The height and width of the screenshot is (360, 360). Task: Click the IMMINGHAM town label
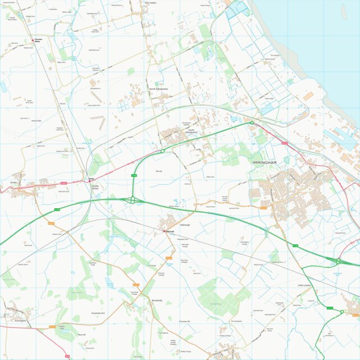pyautogui.click(x=265, y=162)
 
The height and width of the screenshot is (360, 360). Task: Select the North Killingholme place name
pyautogui.click(x=159, y=89)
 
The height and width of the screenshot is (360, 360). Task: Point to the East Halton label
pyautogui.click(x=150, y=3)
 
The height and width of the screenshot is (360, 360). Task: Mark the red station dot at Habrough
pyautogui.click(x=164, y=231)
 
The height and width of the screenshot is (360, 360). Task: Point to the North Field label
pyautogui.click(x=37, y=121)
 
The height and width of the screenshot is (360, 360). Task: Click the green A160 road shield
pyautogui.click(x=134, y=176)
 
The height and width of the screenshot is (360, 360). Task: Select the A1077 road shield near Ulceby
pyautogui.click(x=63, y=183)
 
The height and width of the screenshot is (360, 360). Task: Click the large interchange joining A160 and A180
pyautogui.click(x=133, y=199)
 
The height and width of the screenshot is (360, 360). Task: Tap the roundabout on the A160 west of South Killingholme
pyautogui.click(x=162, y=151)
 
